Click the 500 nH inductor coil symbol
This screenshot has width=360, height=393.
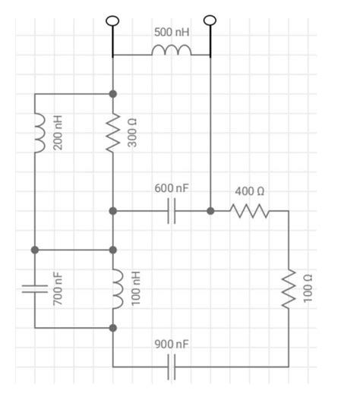[171, 52]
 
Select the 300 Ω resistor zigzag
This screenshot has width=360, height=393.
[113, 134]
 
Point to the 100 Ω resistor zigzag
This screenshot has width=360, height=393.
[289, 289]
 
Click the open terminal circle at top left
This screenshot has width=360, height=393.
[113, 20]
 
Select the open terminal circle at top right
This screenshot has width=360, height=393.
[210, 20]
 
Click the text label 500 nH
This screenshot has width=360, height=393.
[172, 33]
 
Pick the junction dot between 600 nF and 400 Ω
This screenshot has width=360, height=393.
[210, 211]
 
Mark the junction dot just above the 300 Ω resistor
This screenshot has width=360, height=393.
[113, 94]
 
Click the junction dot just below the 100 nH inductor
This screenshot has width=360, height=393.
[113, 328]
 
